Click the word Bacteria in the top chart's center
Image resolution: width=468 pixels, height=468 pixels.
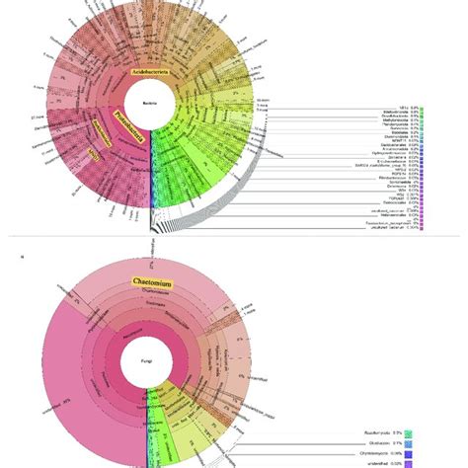[150, 100]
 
